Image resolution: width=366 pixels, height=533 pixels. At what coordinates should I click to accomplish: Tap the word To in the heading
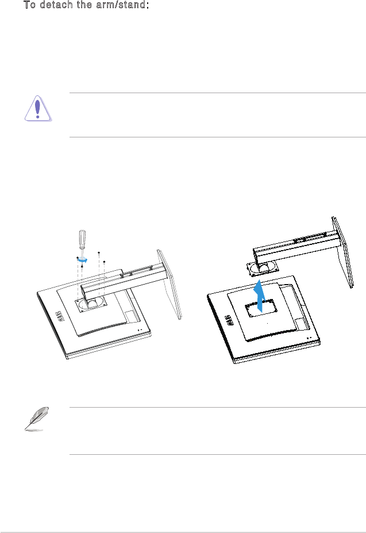[29, 5]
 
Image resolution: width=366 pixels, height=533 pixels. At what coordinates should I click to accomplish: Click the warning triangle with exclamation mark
[38, 109]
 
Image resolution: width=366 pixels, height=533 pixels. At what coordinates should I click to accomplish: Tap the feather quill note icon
[37, 419]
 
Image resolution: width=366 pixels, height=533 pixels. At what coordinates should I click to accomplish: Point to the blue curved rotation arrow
[82, 260]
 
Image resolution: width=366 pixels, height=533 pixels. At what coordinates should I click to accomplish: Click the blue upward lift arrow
[260, 296]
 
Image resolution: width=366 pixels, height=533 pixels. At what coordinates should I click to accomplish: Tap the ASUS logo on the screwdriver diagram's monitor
[59, 316]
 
